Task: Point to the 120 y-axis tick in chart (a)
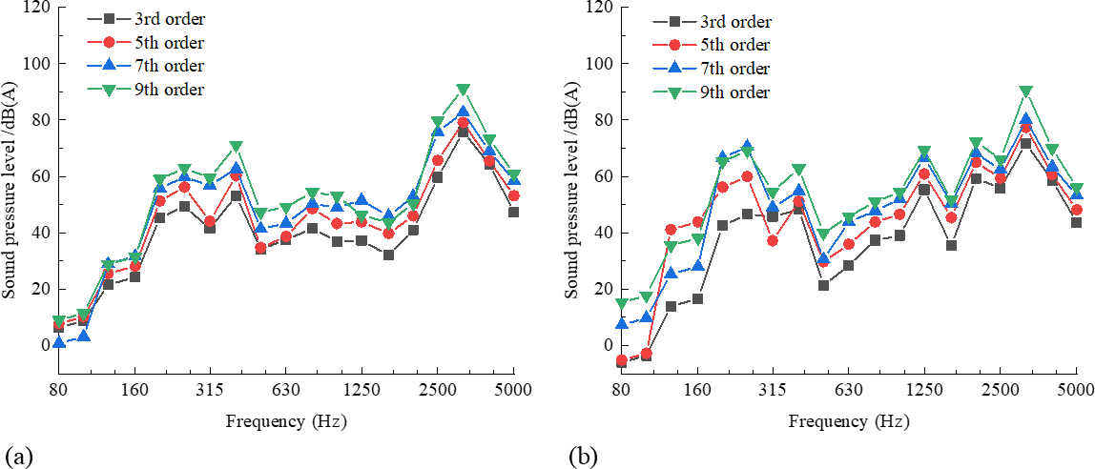[34, 8]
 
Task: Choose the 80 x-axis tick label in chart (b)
[621, 390]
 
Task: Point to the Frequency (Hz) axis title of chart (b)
[848, 420]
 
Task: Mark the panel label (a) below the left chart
[18, 457]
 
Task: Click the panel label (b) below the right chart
[582, 457]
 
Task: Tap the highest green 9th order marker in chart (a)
[463, 90]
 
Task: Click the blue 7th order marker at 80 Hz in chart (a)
[58, 342]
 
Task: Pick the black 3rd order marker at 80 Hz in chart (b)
[621, 362]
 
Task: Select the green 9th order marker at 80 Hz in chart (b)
[621, 304]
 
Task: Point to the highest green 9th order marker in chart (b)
[1025, 92]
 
